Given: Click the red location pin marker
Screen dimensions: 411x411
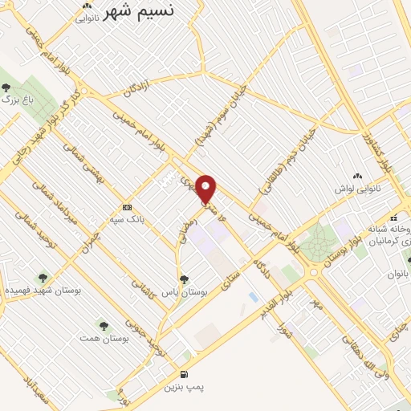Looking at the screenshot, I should click(206, 189).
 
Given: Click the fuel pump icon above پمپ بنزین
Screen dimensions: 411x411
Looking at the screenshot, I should click(185, 374).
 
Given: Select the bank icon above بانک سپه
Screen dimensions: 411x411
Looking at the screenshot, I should click(127, 205).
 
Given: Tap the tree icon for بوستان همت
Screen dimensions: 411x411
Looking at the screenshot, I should click(104, 325).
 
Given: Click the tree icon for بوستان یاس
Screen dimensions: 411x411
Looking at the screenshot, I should click(185, 279).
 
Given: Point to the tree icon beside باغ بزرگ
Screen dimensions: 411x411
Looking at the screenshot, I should click(6, 87).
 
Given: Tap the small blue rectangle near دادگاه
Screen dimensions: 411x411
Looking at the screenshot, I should click(254, 297).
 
